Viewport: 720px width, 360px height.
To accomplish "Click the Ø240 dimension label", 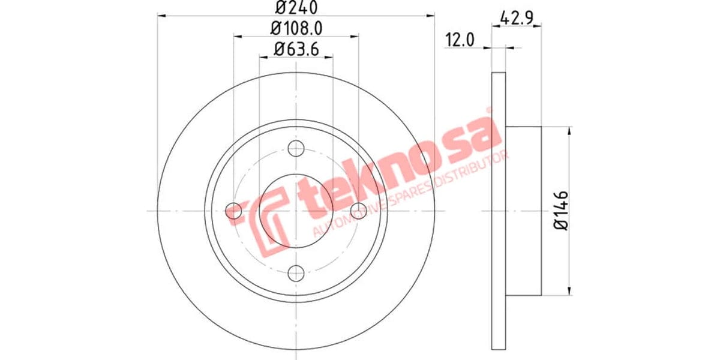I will coord(296,8).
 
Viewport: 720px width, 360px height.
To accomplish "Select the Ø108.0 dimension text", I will coord(296,28).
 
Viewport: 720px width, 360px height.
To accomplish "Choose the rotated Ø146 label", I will coord(561,211).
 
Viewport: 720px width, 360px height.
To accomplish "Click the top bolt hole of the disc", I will coord(296,148).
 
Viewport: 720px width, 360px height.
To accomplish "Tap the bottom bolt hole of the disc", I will coord(296,273).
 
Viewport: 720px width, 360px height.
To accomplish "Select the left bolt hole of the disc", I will coord(234,211).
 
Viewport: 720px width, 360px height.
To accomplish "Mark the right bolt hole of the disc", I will coord(359,211).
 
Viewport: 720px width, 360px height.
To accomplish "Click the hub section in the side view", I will coord(524,211).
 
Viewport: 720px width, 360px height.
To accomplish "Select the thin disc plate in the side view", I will coord(499,211).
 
